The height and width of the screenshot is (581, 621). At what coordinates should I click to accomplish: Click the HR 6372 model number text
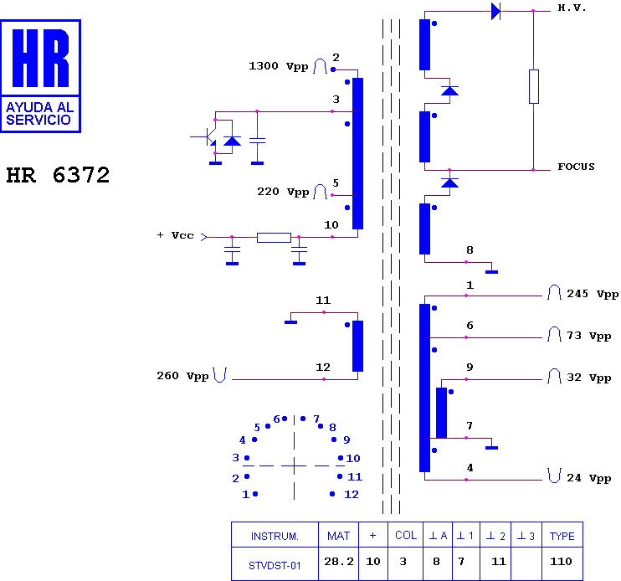pyautogui.click(x=58, y=175)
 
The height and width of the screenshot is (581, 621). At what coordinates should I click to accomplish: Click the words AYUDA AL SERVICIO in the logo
pyautogui.click(x=39, y=113)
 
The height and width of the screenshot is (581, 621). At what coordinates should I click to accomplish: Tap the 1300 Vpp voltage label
pyautogui.click(x=279, y=66)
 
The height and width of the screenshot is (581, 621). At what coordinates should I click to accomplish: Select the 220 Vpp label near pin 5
pyautogui.click(x=283, y=192)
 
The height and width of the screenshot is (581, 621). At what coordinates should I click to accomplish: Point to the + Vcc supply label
pyautogui.click(x=175, y=235)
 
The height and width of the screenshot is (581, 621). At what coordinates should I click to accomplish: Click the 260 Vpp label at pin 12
pyautogui.click(x=182, y=375)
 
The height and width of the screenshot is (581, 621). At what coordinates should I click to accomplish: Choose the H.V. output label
pyautogui.click(x=572, y=8)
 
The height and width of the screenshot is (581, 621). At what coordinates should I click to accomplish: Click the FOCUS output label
pyautogui.click(x=577, y=167)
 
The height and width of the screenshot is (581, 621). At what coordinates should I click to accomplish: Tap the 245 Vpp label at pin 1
pyautogui.click(x=593, y=294)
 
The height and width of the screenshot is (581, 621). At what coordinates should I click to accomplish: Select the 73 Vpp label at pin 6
pyautogui.click(x=589, y=336)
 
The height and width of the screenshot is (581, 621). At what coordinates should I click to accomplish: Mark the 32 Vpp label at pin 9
pyautogui.click(x=589, y=378)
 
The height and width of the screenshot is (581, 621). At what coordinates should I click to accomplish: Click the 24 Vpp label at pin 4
pyautogui.click(x=589, y=478)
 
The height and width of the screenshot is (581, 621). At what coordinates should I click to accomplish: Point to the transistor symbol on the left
pyautogui.click(x=210, y=137)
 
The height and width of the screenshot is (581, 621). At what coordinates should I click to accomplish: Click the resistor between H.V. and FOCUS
pyautogui.click(x=533, y=87)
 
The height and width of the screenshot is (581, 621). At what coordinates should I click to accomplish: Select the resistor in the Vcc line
pyautogui.click(x=274, y=237)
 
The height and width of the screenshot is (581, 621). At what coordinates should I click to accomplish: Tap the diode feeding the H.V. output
pyautogui.click(x=495, y=11)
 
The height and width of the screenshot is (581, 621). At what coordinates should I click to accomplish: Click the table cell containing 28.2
pyautogui.click(x=339, y=562)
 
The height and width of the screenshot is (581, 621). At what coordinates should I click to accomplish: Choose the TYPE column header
pyautogui.click(x=562, y=536)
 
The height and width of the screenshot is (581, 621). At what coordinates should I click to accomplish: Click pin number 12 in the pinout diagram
pyautogui.click(x=352, y=494)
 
